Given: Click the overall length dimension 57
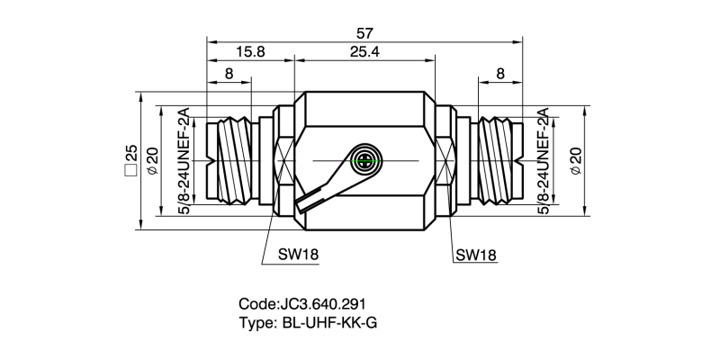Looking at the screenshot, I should pyautogui.click(x=365, y=31).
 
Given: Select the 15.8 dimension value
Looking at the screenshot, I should pyautogui.click(x=249, y=52).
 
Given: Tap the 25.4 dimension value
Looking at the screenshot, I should pyautogui.click(x=364, y=52).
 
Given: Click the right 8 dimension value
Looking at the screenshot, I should pyautogui.click(x=498, y=74).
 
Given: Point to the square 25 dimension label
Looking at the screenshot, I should pyautogui.click(x=130, y=161).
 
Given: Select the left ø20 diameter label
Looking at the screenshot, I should pyautogui.click(x=152, y=161).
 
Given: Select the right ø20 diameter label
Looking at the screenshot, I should pyautogui.click(x=576, y=161).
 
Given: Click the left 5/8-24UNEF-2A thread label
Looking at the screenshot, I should pyautogui.click(x=184, y=161).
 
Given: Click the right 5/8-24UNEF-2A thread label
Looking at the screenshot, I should pyautogui.click(x=544, y=161).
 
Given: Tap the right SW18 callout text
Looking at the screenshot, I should pyautogui.click(x=476, y=255).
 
